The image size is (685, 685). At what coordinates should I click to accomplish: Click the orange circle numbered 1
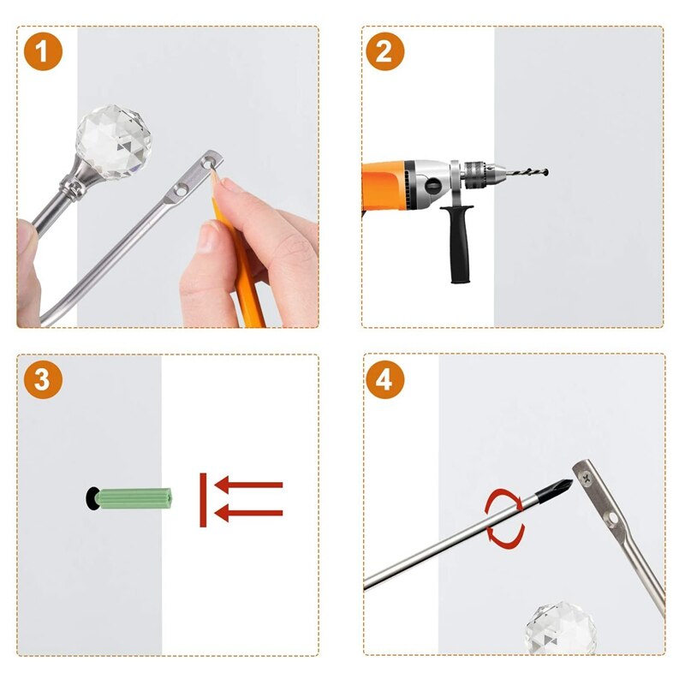[x=43, y=51]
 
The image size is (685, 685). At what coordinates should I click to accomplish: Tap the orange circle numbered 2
[x=384, y=51]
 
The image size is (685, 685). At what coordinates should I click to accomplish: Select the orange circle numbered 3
[x=43, y=379]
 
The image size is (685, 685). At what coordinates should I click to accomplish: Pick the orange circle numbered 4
[x=384, y=379]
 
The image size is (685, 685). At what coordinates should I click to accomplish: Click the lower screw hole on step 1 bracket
[x=180, y=190]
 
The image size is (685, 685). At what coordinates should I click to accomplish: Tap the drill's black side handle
[x=457, y=243]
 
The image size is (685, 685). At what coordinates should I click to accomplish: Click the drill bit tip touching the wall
[x=546, y=172]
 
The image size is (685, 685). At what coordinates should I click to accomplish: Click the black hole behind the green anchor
[x=92, y=498]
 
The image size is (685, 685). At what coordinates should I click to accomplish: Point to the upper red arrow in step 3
[x=248, y=485]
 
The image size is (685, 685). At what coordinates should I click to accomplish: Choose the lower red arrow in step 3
[x=248, y=513]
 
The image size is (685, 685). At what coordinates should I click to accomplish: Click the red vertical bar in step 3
[x=203, y=500]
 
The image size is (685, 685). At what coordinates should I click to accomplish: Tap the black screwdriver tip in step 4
[x=554, y=491]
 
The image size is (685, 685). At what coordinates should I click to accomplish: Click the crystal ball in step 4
[x=561, y=628]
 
